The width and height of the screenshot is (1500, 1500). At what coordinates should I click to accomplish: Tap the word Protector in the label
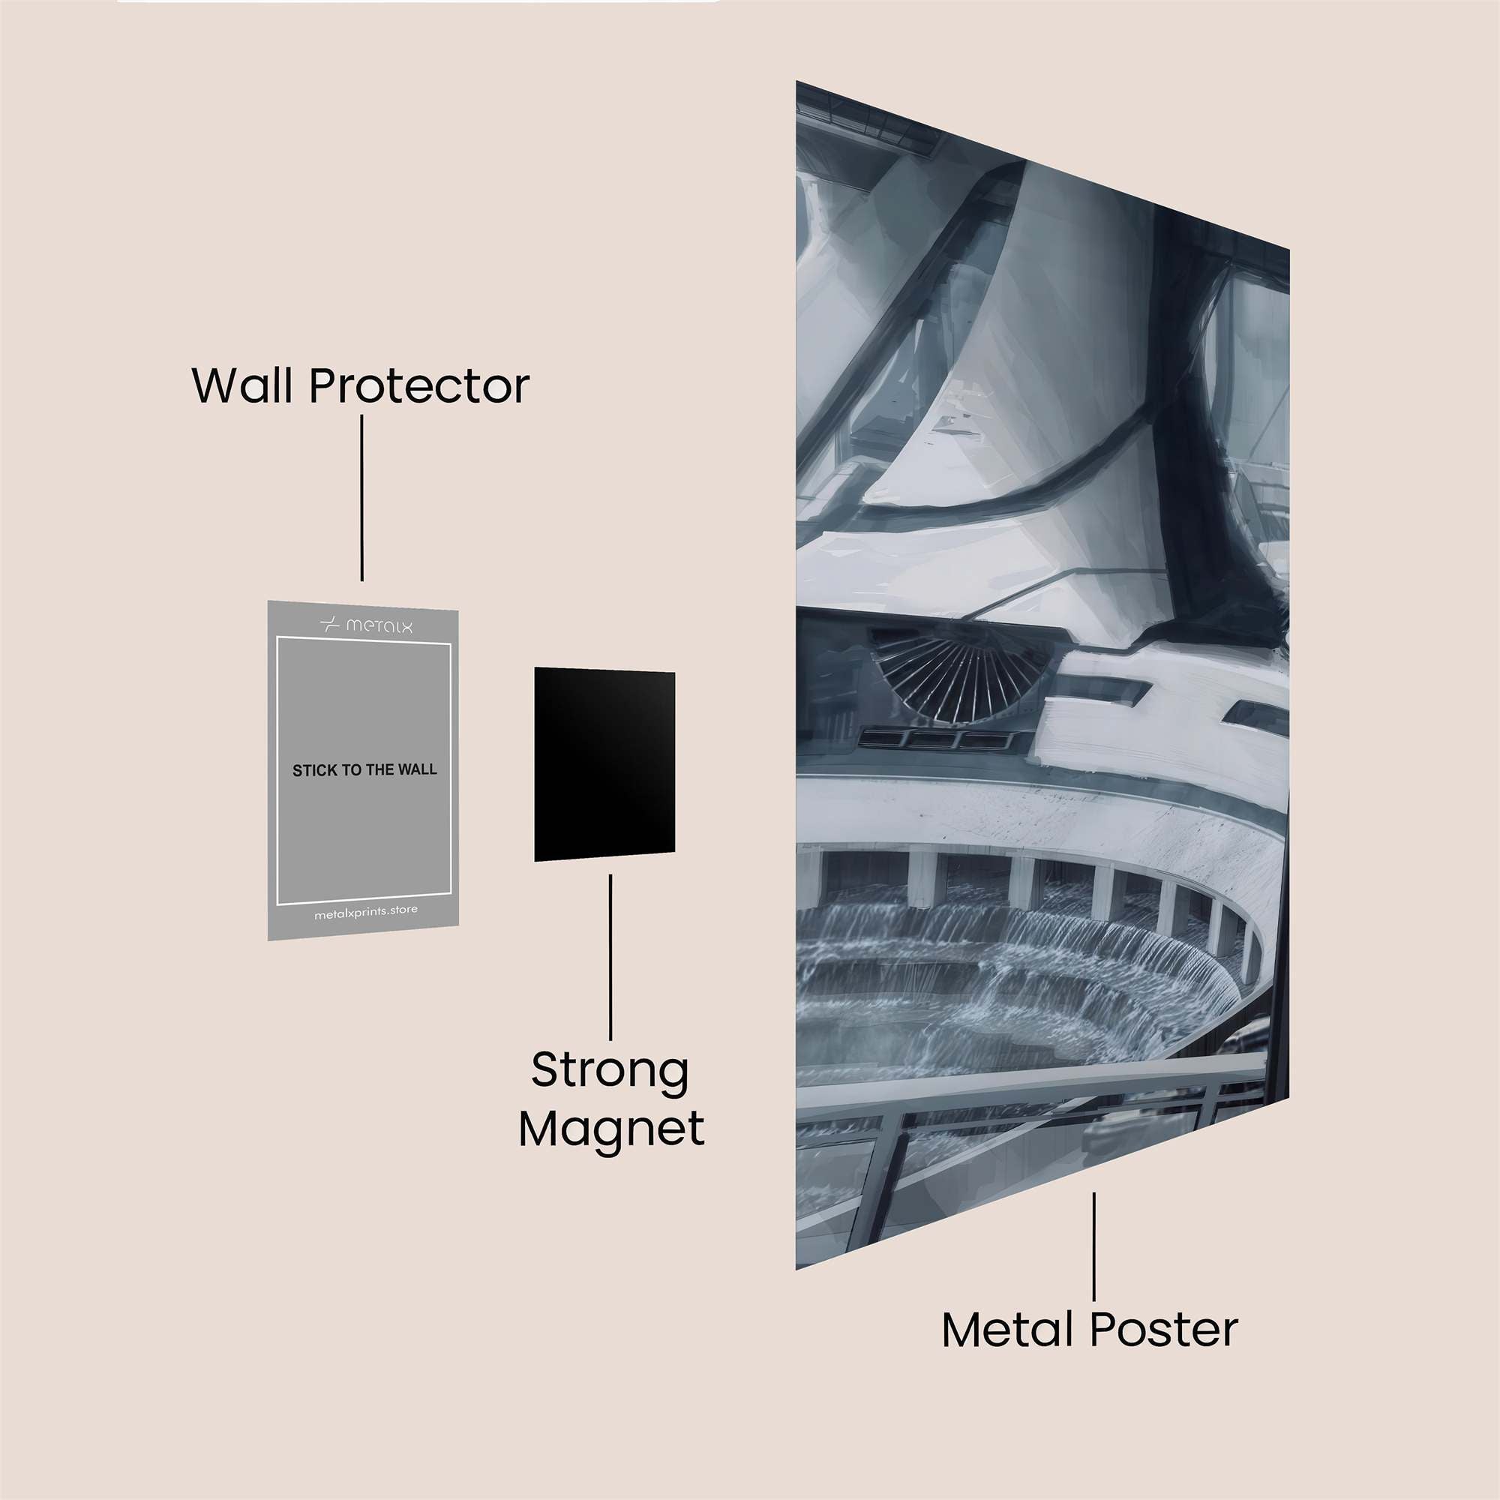point(419,385)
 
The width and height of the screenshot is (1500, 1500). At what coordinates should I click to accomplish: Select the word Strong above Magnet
point(610,1071)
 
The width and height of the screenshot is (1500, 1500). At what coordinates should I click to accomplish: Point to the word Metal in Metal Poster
point(1009,1330)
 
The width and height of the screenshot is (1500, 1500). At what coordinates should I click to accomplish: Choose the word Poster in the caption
point(1164,1330)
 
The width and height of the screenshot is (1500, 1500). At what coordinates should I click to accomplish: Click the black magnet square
point(604,764)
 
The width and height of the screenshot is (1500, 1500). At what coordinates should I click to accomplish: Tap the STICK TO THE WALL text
point(364,770)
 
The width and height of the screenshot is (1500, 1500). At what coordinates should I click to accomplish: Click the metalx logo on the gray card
point(366,624)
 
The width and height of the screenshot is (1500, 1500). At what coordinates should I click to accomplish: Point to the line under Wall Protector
point(361,498)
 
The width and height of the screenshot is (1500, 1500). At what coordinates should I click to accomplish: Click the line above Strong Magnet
point(610,957)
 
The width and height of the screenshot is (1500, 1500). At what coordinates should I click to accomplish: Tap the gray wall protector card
point(362,770)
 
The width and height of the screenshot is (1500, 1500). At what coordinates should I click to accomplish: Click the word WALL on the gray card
point(418,769)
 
